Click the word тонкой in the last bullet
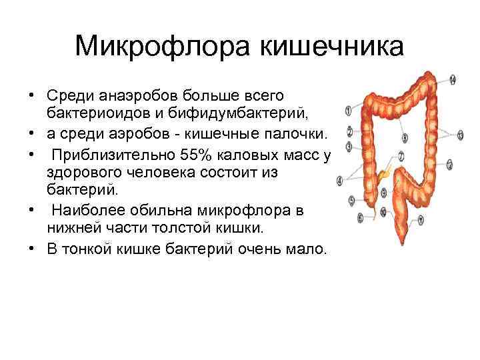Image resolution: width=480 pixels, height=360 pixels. click(x=96, y=250)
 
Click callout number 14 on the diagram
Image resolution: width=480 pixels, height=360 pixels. click(x=453, y=80)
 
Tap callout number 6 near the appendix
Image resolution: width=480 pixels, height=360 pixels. click(x=361, y=217)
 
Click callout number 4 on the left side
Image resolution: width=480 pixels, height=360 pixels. click(x=340, y=179)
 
